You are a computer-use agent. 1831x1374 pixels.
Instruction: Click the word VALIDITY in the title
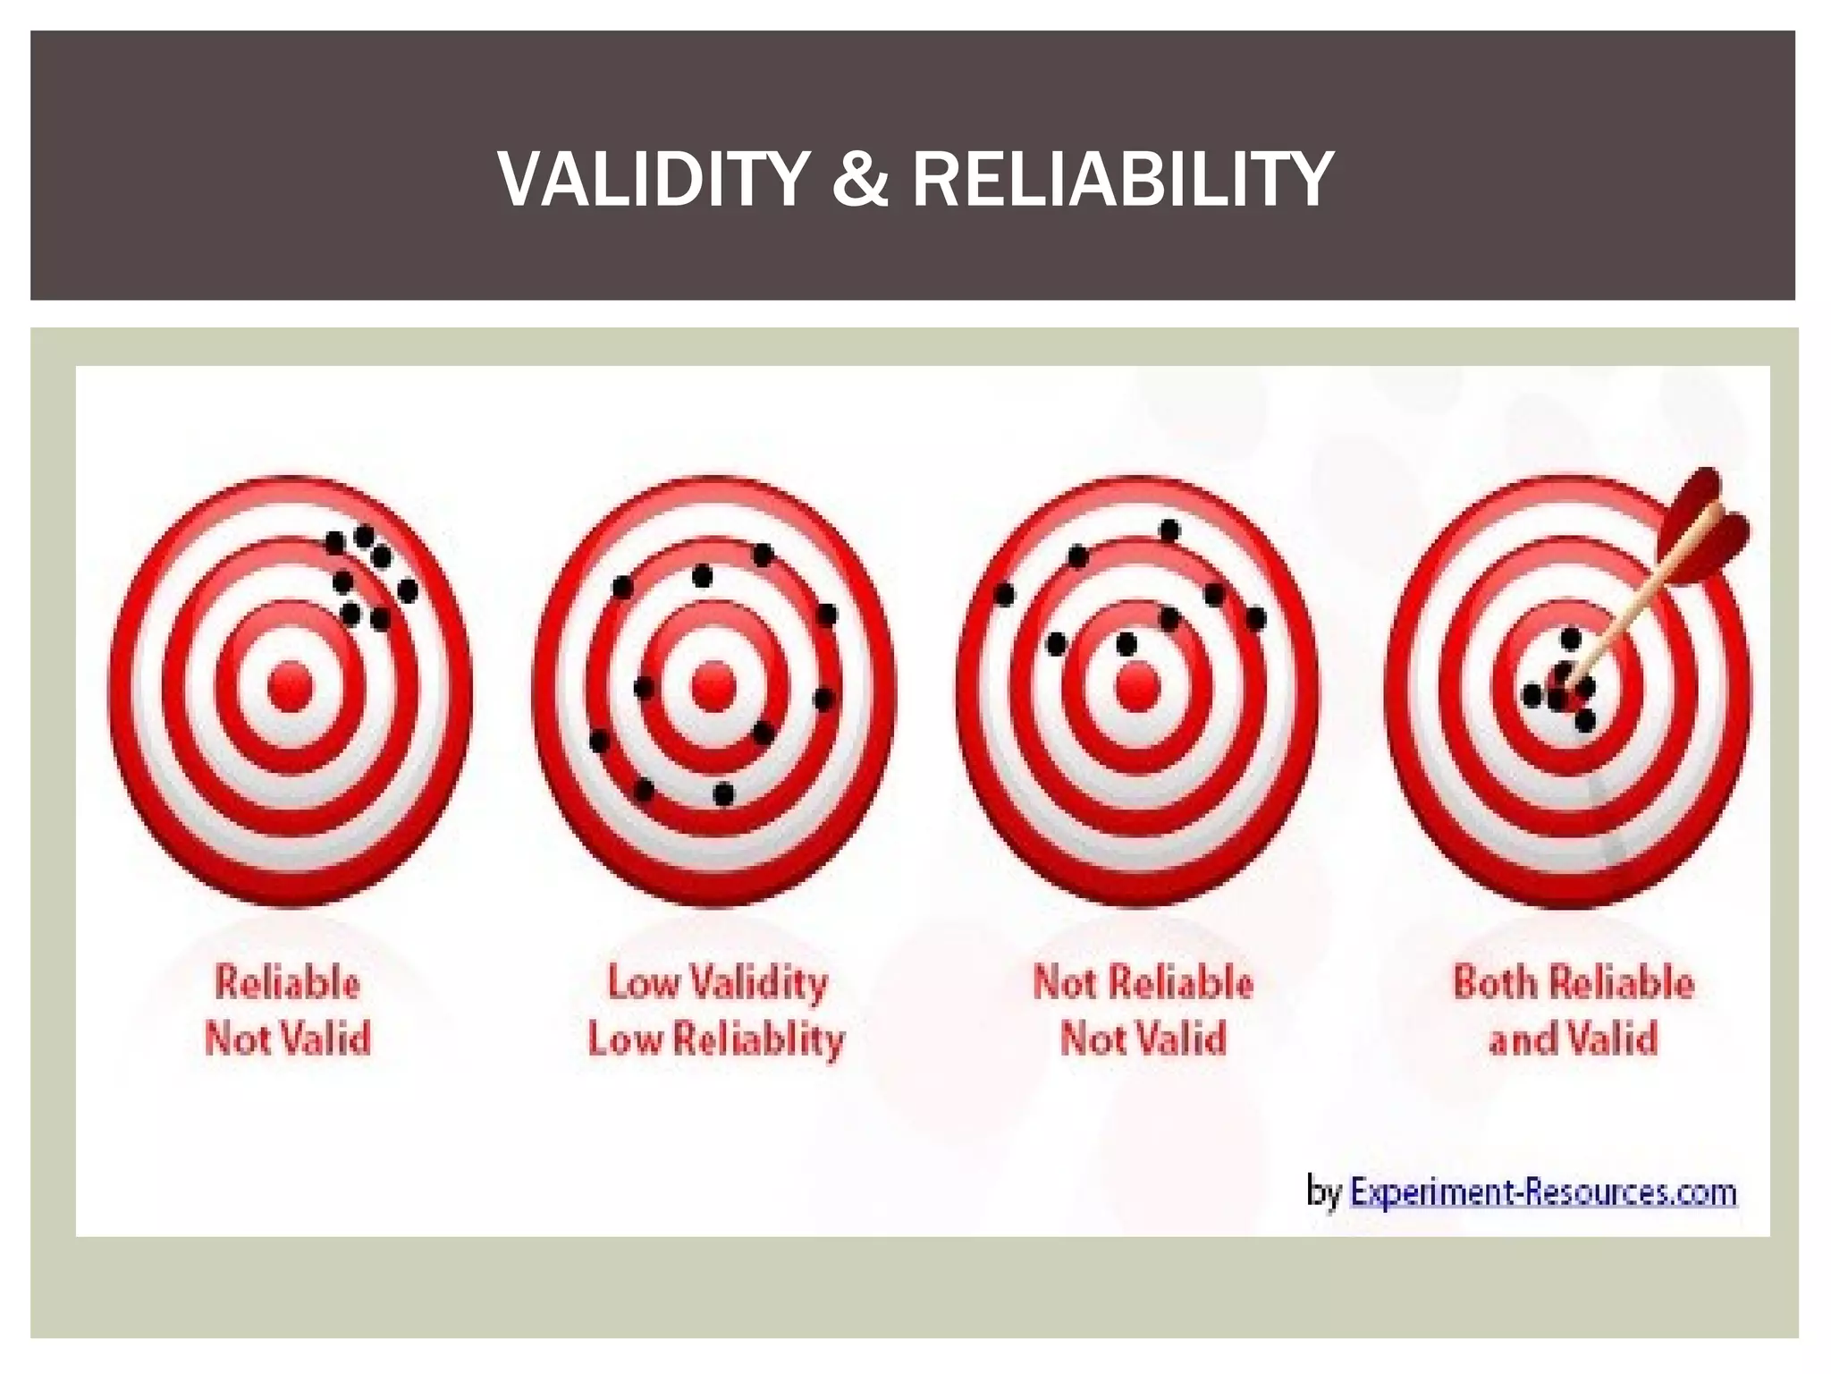coord(654,180)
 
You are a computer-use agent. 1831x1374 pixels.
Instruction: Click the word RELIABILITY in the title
coord(1122,180)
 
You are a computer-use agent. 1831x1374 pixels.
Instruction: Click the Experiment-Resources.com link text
coord(1542,1192)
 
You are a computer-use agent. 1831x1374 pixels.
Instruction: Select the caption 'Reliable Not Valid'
coord(287,1011)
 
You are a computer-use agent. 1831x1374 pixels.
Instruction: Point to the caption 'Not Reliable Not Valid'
coord(1143,1011)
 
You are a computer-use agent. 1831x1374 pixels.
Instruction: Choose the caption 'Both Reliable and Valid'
coord(1573,1011)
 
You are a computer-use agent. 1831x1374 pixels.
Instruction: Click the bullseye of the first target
coord(290,687)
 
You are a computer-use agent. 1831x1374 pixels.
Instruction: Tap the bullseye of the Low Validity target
coord(713,687)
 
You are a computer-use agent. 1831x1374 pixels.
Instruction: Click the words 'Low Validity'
coord(717,982)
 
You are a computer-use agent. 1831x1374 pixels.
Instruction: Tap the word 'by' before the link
coord(1324,1193)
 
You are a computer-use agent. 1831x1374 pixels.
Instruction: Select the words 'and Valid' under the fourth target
coord(1573,1039)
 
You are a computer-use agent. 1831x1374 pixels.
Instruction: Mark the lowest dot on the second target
coord(724,793)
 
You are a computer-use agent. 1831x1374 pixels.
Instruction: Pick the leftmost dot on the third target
coord(1005,594)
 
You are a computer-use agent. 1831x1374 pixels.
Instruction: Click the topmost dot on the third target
coord(1169,530)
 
